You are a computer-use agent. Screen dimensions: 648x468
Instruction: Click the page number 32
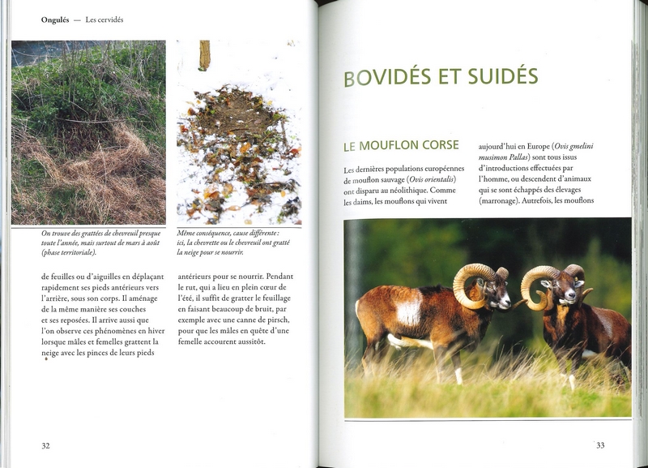click(x=45, y=444)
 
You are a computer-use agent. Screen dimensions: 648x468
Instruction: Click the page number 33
click(x=600, y=444)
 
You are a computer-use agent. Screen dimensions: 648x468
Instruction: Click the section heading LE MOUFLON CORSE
click(x=401, y=146)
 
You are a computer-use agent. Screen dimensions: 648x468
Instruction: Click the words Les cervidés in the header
click(x=111, y=20)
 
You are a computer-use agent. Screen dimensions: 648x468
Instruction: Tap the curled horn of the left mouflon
click(x=470, y=283)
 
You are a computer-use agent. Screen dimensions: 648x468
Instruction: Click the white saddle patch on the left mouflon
click(x=410, y=309)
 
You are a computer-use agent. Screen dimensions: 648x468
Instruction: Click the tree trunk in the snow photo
click(x=205, y=55)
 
